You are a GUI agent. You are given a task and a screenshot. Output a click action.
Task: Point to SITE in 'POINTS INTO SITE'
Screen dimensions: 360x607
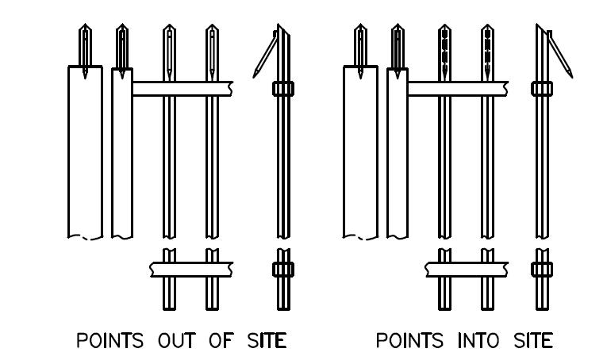pos(528,342)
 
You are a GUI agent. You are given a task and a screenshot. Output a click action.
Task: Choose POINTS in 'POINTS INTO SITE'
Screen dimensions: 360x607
pos(406,342)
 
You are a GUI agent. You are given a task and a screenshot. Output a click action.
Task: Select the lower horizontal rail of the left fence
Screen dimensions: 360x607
pos(190,270)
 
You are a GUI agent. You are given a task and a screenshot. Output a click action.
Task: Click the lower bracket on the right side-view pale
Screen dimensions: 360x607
pos(541,270)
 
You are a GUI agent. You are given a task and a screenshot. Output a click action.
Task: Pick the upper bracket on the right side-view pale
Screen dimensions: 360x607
pos(542,89)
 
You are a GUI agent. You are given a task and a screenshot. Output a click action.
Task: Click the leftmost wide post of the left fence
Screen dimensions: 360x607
pos(85,151)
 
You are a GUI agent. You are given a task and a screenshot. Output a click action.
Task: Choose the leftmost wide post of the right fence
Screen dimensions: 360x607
pos(359,151)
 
